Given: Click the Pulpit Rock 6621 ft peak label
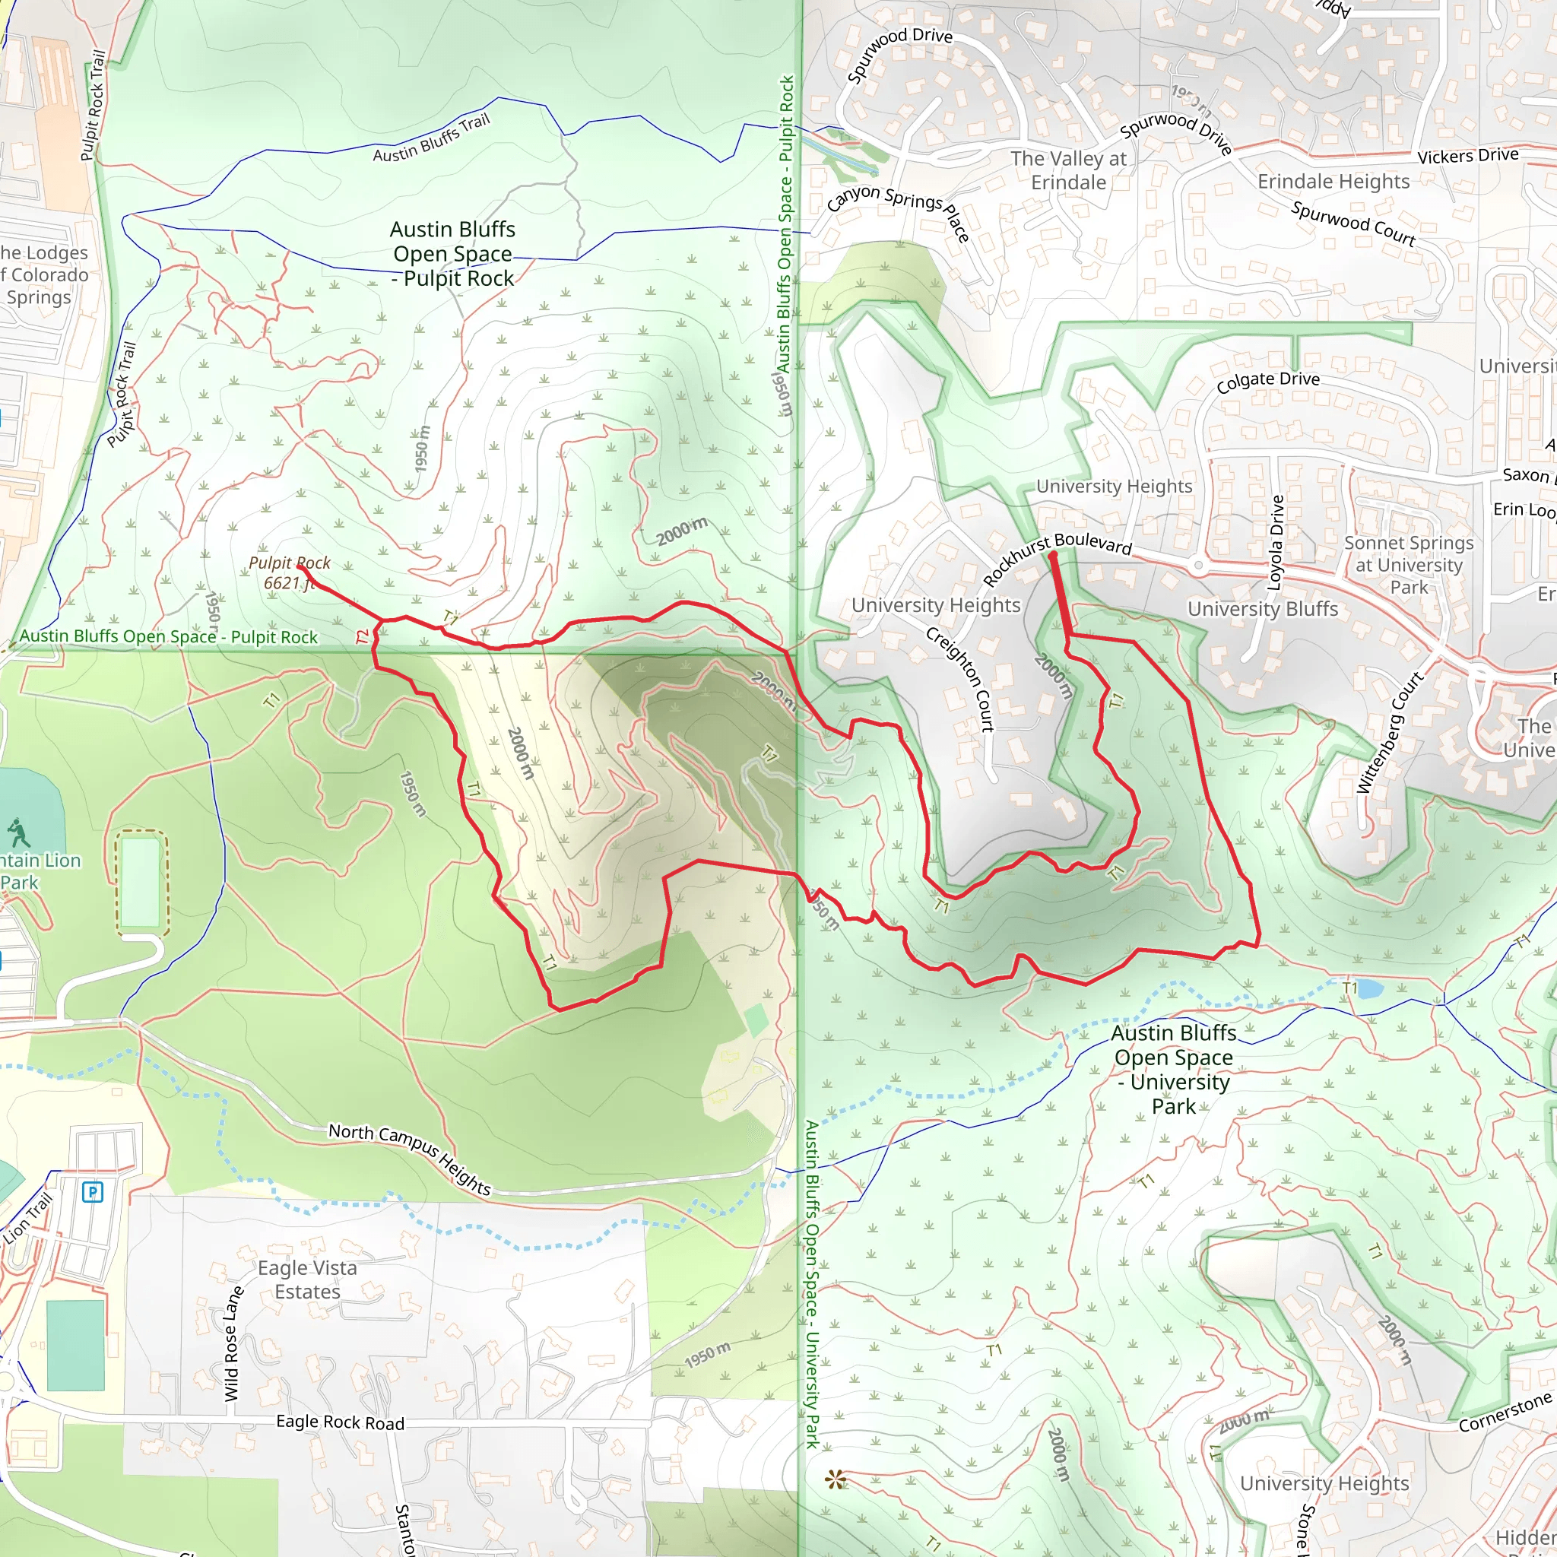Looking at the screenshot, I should click(290, 572).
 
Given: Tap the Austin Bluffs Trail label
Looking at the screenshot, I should click(431, 138).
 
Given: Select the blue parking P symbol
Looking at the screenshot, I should click(93, 1192).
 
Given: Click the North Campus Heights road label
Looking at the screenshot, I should click(410, 1157).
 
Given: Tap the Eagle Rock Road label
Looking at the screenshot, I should click(340, 1422).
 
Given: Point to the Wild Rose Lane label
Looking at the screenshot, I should click(233, 1344).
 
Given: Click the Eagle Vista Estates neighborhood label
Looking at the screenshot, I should click(307, 1279).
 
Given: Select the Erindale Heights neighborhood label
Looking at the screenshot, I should click(1333, 182).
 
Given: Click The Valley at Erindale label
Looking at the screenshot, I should click(1069, 170).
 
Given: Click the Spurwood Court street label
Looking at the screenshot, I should click(1353, 224).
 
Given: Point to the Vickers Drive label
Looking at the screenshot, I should click(1467, 156).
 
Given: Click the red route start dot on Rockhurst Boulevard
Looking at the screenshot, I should click(1052, 554).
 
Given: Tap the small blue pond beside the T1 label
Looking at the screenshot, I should click(1371, 989).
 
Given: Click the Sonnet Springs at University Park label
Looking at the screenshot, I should click(1409, 565).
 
